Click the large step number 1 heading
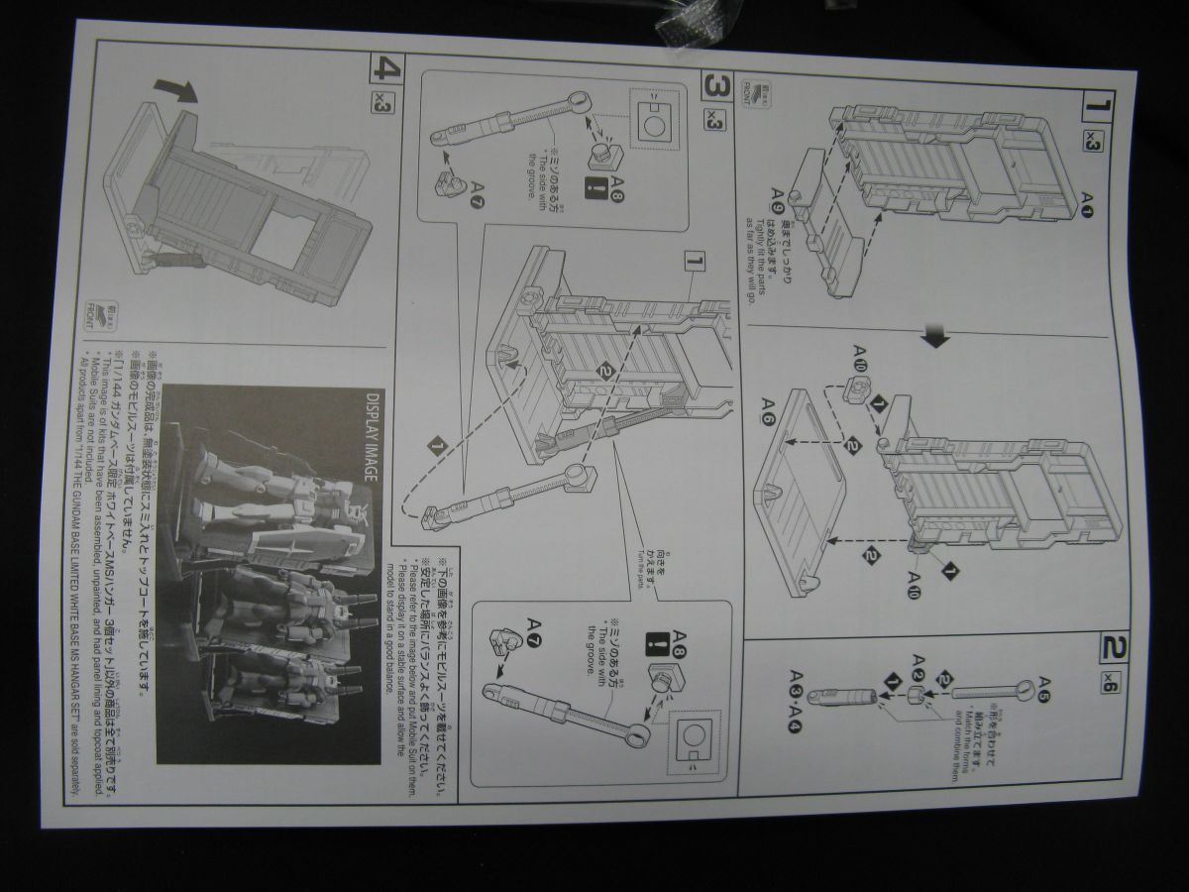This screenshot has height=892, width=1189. [1100, 103]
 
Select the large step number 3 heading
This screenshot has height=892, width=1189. [715, 86]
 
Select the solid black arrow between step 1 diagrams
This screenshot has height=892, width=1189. [934, 337]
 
